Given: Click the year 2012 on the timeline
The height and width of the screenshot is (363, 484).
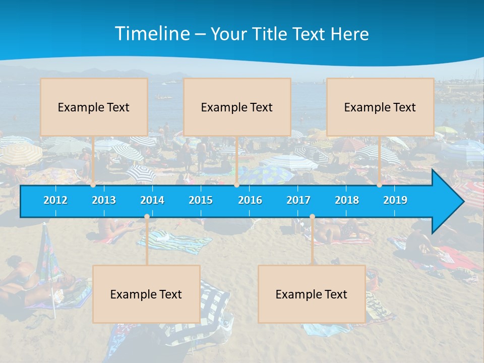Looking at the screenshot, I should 55,200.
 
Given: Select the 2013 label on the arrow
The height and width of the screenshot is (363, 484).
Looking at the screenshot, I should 104,200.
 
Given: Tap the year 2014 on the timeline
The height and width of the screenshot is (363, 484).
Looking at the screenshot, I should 152,200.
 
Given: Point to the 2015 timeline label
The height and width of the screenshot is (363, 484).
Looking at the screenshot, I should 201,200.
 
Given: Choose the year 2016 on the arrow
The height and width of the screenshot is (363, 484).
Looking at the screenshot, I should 250,200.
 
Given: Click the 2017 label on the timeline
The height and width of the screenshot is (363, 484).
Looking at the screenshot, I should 298,200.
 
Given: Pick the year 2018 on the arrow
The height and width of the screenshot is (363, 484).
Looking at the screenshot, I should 347,200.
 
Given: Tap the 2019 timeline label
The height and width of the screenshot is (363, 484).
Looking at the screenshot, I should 395,200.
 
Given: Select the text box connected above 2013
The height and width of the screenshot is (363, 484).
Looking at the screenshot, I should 94,107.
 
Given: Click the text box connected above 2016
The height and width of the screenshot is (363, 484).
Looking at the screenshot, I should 237,107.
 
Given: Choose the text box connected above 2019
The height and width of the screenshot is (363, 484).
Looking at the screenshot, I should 380,107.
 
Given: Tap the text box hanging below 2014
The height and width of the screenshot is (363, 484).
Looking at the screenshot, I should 146,294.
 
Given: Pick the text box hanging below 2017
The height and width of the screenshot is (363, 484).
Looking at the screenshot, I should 312,294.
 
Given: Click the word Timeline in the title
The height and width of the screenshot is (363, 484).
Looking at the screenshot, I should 152,34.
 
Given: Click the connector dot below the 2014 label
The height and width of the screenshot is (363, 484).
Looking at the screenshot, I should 147,217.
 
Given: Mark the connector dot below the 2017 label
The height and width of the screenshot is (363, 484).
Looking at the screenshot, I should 312,217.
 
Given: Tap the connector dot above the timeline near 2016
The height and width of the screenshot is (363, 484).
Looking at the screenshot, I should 236,185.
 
